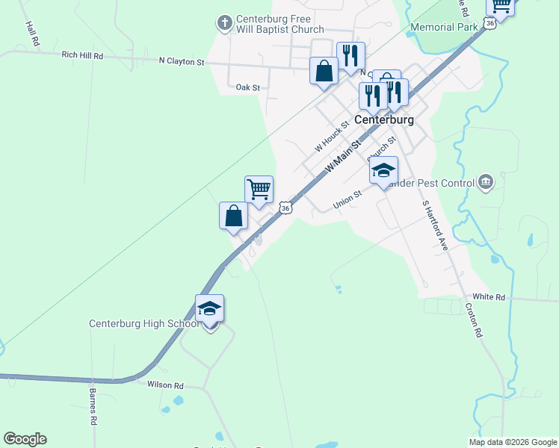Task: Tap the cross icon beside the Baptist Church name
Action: [x=225, y=22]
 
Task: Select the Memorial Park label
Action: [x=444, y=28]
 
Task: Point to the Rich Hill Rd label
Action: [x=82, y=55]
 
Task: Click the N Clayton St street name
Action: [x=182, y=62]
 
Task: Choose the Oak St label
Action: [x=247, y=87]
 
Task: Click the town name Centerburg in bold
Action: [x=384, y=119]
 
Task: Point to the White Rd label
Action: [x=489, y=297]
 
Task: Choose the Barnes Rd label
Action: [x=93, y=405]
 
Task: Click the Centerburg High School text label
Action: [x=143, y=324]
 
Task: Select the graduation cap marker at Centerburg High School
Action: [x=209, y=309]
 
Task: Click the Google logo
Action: [x=25, y=439]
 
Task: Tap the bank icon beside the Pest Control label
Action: [x=485, y=181]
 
